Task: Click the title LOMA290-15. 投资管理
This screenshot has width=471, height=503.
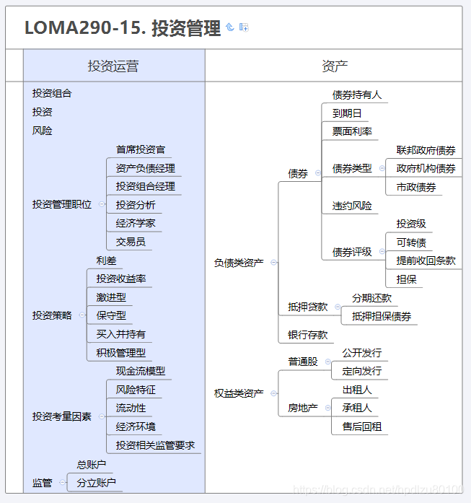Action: pos(123,28)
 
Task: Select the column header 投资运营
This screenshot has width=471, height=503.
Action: pos(113,66)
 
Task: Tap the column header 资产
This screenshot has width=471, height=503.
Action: pos(335,66)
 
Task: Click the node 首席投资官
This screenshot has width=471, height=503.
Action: pos(141,150)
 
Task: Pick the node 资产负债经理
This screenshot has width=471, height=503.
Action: pos(146,168)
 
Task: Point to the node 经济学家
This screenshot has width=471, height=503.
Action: pos(136,223)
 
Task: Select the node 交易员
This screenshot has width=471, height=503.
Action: pos(131,242)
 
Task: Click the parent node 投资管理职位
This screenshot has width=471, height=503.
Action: pos(62,204)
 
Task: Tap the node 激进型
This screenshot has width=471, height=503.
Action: pos(111,297)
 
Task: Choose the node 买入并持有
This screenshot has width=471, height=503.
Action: pos(121,334)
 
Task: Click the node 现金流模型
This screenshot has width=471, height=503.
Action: pos(141,371)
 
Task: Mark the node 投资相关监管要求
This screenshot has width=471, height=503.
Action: pos(156,445)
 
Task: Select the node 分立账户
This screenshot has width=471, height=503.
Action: pos(97,483)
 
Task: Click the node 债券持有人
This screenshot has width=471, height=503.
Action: pos(357,95)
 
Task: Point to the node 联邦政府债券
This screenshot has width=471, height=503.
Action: pos(426,150)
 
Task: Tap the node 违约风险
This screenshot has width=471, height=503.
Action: pos(352,206)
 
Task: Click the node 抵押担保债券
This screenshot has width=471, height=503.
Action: pos(382,316)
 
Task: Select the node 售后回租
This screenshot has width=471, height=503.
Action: pos(362,427)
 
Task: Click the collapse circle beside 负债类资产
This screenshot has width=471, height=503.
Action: pos(273,263)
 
